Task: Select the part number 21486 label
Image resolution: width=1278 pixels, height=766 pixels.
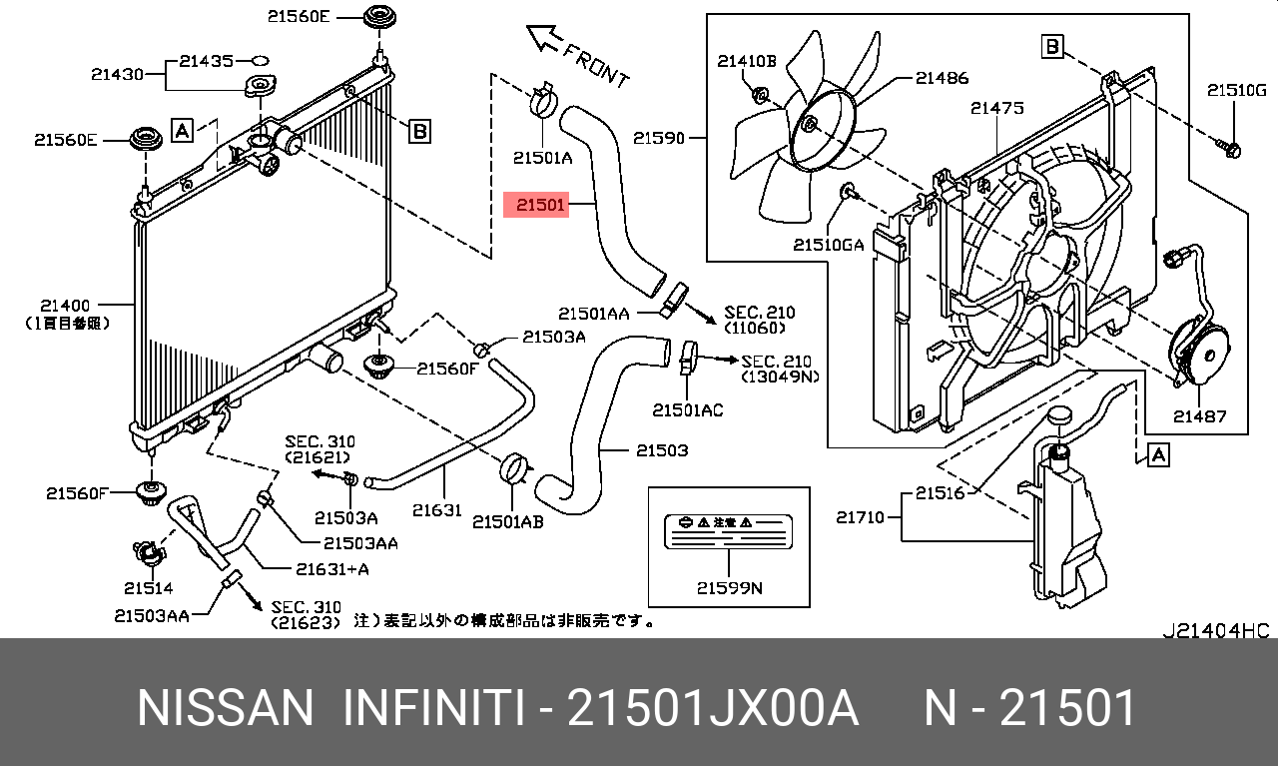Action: (x=942, y=78)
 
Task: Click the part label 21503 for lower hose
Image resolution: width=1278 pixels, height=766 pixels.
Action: (x=661, y=451)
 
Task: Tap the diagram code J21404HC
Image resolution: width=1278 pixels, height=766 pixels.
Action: (x=1215, y=630)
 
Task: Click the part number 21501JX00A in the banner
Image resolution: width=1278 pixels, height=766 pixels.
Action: (x=712, y=709)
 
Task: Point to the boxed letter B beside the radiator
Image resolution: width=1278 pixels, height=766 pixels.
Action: (x=420, y=130)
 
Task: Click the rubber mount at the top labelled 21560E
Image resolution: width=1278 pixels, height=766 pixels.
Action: (x=377, y=19)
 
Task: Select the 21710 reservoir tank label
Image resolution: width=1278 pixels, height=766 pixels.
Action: (x=860, y=516)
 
